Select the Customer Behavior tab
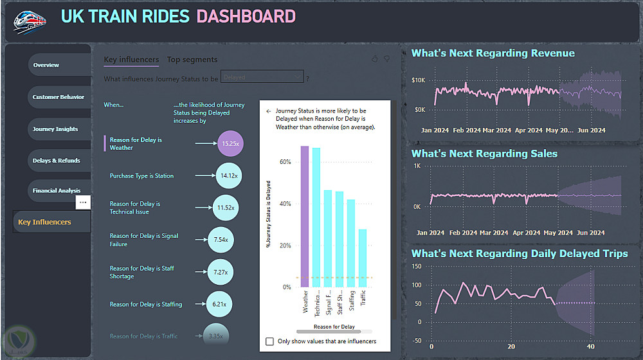58,97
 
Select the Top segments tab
192,60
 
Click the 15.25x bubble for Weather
230,144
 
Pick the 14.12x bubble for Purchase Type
229,175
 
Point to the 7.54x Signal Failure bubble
221,240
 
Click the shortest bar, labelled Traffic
363,258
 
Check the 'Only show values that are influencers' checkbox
270,341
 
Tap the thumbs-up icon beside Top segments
375,59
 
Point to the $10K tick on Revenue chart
419,80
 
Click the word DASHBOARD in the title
246,17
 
